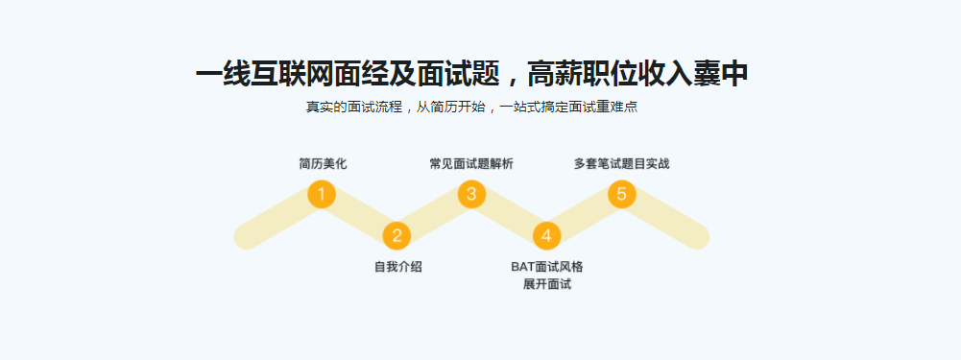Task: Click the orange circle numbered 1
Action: tap(322, 195)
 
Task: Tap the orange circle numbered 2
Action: tap(396, 235)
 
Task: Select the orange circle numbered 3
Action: tap(471, 195)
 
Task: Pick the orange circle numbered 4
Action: tap(546, 235)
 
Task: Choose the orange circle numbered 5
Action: tap(621, 195)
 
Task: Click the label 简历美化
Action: tap(323, 164)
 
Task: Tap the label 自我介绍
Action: tap(397, 267)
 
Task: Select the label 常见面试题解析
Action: tap(471, 164)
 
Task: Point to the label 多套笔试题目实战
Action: tap(621, 164)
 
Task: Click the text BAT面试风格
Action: tap(547, 267)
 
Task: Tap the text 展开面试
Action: tap(547, 285)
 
